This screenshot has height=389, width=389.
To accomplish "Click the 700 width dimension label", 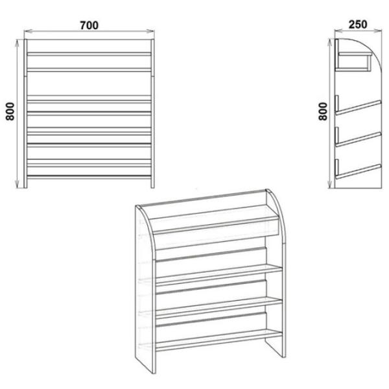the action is [89, 25].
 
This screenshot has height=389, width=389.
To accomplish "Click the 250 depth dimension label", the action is [358, 25].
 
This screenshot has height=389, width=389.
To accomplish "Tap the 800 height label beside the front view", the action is [10, 112].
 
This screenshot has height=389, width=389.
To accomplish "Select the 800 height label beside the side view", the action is [323, 112].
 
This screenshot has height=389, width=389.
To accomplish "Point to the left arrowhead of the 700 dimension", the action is [28, 31].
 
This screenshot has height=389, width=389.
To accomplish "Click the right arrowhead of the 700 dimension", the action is [150, 31].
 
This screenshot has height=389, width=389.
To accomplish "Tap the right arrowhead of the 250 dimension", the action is [378, 30].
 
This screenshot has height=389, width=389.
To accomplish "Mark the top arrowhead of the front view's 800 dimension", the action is [17, 43].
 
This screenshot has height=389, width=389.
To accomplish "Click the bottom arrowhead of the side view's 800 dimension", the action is [330, 184].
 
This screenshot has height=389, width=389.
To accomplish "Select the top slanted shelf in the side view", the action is [358, 107].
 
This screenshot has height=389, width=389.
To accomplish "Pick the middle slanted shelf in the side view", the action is [358, 139].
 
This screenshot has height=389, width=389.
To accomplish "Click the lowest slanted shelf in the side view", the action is [358, 171].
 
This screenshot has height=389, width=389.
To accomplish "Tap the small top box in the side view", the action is [353, 62].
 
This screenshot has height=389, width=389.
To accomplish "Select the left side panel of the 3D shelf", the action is [146, 288].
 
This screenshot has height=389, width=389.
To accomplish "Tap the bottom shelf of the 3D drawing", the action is [219, 340].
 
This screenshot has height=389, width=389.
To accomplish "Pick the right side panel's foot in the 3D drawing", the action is [276, 348].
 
